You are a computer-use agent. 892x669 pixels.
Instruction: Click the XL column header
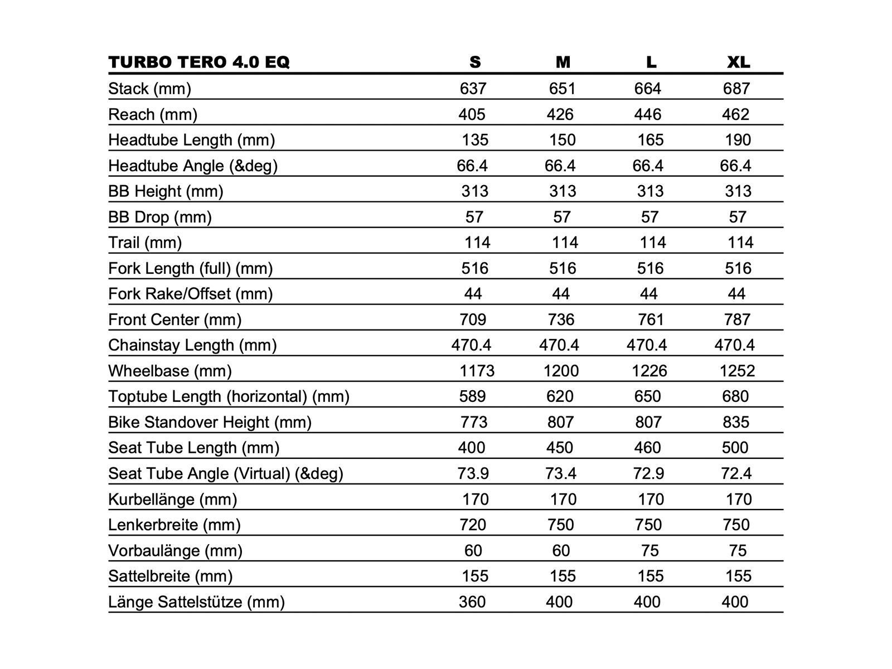[739, 62]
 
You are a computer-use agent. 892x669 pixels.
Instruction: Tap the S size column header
[475, 62]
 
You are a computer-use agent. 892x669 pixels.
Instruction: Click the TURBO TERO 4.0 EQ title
[199, 62]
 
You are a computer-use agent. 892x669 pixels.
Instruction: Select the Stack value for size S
[473, 89]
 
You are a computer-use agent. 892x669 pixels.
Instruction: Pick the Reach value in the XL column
[735, 114]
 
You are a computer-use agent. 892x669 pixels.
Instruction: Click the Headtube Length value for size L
[651, 140]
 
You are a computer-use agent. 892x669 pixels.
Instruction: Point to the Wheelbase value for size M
[561, 371]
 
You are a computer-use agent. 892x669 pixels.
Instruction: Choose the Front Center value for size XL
[737, 319]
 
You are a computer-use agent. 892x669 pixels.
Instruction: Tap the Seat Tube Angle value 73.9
[473, 473]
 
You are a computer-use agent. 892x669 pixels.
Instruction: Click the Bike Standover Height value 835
[736, 422]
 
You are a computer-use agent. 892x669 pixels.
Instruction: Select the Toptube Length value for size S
[473, 396]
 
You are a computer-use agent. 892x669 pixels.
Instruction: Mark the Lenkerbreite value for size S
[473, 525]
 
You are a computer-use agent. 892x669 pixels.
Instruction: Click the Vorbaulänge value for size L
[650, 550]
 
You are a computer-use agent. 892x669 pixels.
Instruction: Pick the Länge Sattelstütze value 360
[472, 602]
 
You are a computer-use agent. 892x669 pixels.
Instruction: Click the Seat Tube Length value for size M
[560, 448]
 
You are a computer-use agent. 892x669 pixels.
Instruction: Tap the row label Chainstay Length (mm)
[192, 345]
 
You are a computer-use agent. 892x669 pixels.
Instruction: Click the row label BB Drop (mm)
[160, 217]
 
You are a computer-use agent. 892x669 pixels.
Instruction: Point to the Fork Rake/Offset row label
[190, 294]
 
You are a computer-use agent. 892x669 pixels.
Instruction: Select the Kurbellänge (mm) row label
[173, 499]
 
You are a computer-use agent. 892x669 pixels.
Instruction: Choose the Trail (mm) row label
[145, 243]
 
